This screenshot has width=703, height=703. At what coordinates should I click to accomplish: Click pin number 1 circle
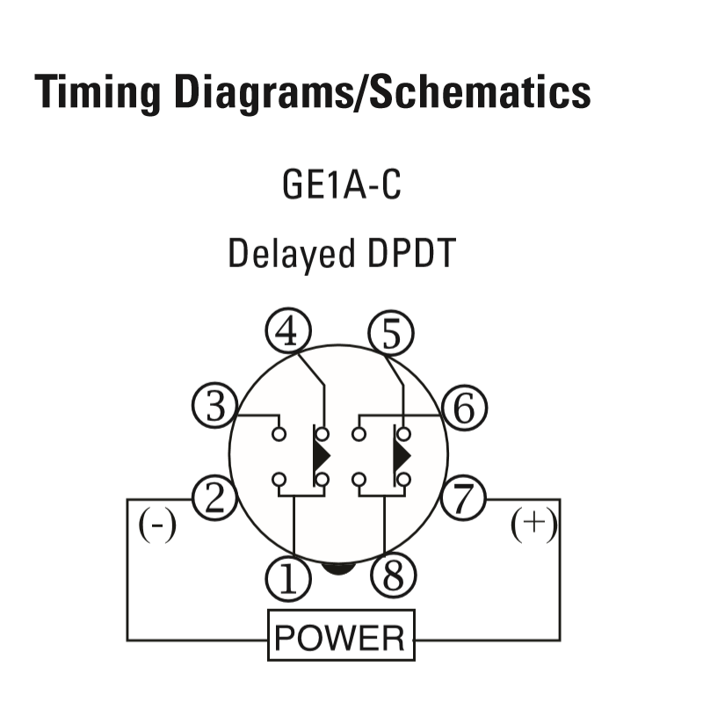click(x=288, y=578)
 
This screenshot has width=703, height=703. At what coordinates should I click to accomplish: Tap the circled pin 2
click(x=214, y=498)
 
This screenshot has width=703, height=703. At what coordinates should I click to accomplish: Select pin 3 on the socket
click(x=214, y=405)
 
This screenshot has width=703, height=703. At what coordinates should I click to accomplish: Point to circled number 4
click(x=288, y=331)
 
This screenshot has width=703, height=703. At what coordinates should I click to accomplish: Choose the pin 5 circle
click(x=391, y=333)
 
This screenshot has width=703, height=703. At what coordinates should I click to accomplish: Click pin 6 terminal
click(x=464, y=408)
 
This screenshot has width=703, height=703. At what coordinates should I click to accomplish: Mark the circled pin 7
click(x=463, y=498)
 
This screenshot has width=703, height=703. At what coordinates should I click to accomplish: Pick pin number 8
click(x=394, y=576)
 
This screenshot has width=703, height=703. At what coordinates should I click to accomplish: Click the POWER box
click(x=341, y=634)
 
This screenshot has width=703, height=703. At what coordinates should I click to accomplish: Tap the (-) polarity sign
click(x=157, y=525)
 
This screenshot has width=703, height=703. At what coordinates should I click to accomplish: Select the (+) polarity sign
click(x=534, y=524)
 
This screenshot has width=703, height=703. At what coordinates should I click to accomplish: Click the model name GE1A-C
click(x=342, y=185)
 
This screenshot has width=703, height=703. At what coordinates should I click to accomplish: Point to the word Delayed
click(x=292, y=254)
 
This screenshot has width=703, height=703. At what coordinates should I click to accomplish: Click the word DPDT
click(x=411, y=253)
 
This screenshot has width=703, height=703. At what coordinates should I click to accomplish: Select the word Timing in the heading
click(x=98, y=93)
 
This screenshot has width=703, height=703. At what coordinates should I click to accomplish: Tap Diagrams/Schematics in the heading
click(x=382, y=92)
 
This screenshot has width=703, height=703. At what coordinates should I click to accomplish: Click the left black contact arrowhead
click(x=322, y=455)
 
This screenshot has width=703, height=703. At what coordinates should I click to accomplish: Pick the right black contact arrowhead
click(x=402, y=455)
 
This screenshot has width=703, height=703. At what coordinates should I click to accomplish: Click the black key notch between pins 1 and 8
click(x=338, y=569)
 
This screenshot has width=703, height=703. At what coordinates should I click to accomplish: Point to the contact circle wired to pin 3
click(x=279, y=434)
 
